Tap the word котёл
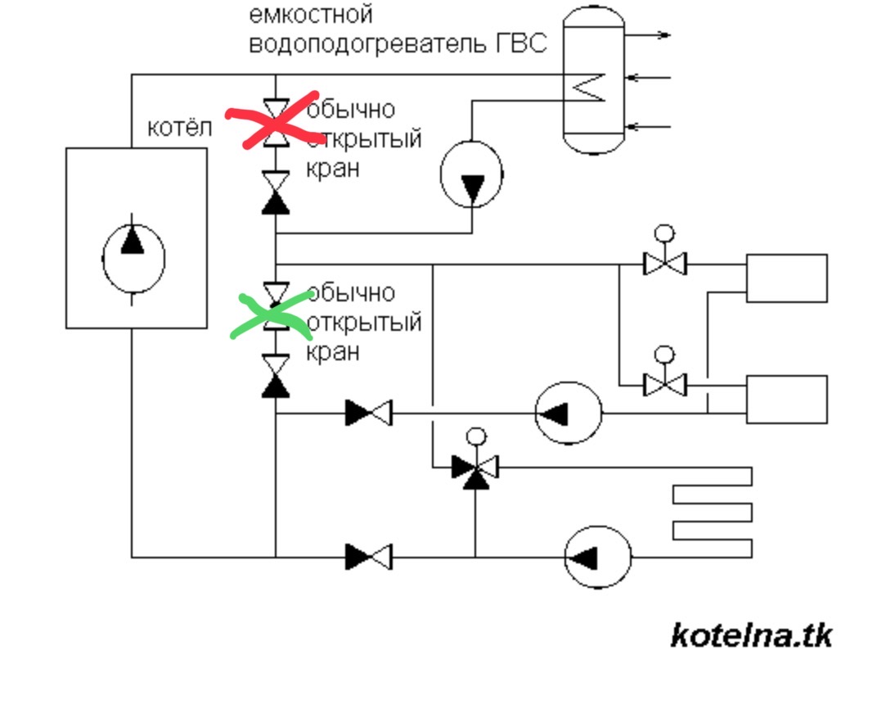click(179, 128)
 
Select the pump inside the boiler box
click(133, 259)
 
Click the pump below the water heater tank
click(471, 174)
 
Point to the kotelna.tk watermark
click(751, 635)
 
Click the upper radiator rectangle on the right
click(786, 278)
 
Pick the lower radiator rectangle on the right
click(786, 400)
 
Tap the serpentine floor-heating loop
click(713, 512)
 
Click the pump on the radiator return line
click(569, 413)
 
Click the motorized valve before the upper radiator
click(664, 257)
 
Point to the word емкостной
click(311, 14)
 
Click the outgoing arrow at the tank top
click(647, 35)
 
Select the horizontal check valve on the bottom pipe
click(369, 557)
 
